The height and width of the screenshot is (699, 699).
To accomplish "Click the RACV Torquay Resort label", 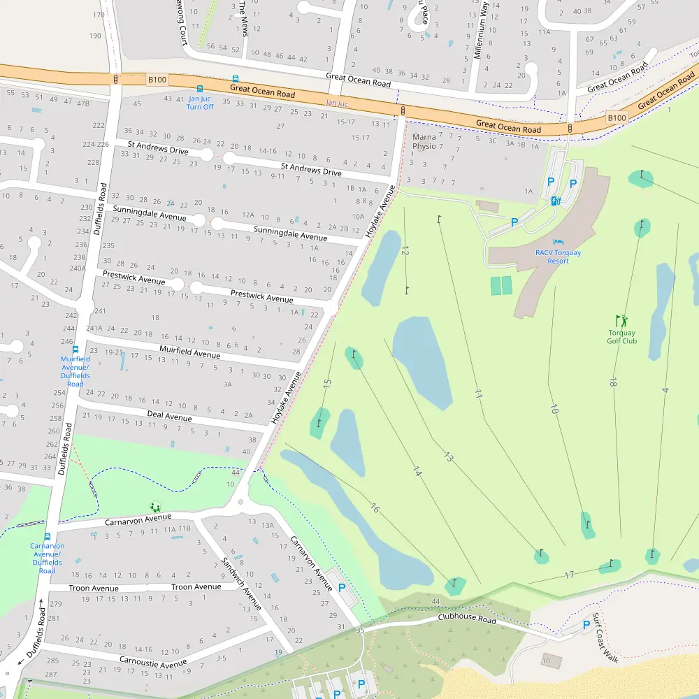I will [558, 257].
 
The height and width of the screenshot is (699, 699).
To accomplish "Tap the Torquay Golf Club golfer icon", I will [621, 321].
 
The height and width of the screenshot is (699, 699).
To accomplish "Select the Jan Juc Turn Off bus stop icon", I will [200, 89].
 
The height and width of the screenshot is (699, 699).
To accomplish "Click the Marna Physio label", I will [424, 142].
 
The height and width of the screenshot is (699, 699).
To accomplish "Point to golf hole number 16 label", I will [375, 508].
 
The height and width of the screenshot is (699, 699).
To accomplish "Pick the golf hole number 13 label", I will [448, 457].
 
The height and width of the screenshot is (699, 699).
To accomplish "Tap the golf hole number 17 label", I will [569, 575].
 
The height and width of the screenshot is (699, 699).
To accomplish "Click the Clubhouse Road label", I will [467, 619].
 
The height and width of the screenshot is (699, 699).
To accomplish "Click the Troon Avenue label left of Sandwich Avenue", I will [94, 588].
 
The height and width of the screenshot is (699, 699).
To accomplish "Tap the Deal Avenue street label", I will [169, 417].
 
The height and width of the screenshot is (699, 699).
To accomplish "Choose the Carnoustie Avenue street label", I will [153, 662].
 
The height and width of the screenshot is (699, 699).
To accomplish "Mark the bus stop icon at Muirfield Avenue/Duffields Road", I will [75, 349].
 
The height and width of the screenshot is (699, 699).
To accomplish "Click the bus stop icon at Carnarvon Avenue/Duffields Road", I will [47, 536].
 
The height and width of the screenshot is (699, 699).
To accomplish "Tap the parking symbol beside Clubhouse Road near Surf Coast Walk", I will [586, 624].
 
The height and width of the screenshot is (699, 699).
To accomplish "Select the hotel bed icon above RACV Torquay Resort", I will [558, 242].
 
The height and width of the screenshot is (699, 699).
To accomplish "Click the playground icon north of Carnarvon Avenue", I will [154, 507].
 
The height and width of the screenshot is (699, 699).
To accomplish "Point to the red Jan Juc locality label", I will [336, 103].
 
